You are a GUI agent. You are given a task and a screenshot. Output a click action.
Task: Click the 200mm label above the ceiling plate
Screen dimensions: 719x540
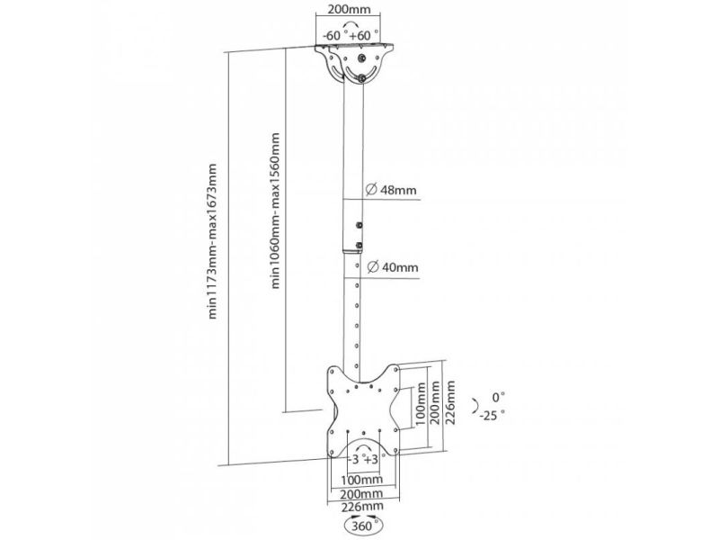350,9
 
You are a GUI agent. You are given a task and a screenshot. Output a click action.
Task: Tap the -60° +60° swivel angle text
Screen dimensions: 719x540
351,35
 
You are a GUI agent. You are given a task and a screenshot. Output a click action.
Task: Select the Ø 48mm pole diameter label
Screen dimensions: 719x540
391,189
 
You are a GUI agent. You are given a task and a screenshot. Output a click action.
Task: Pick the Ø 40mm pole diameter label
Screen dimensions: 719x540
393,266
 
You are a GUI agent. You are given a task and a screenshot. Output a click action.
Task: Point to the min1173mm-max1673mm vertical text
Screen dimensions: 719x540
212,241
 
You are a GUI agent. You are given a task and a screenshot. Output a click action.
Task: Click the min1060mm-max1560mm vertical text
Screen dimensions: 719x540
275,211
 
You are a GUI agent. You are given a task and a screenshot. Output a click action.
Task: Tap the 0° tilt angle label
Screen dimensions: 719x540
499,397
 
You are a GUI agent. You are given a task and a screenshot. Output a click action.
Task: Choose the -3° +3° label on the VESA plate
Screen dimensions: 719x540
364,459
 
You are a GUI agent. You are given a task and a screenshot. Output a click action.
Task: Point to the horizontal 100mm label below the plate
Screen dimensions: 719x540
362,480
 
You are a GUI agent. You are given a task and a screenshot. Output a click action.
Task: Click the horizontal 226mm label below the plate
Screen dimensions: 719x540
362,507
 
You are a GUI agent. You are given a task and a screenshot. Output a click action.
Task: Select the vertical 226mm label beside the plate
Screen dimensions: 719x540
450,402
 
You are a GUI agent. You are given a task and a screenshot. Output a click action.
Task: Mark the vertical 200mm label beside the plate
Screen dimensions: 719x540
435,402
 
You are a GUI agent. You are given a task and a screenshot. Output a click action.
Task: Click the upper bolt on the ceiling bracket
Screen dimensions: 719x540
362,58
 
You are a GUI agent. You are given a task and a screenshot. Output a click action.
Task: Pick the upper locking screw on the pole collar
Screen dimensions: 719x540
359,225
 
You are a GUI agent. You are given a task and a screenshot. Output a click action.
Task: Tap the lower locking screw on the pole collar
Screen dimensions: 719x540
359,245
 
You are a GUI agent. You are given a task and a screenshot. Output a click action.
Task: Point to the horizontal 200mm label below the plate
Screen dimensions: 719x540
362,494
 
